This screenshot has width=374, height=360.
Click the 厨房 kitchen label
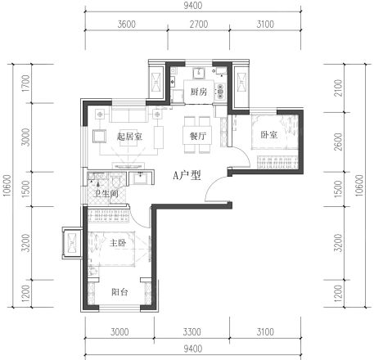pyautogui.click(x=198, y=92)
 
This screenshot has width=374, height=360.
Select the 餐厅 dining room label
pyautogui.click(x=197, y=137)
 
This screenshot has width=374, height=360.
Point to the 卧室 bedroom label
pyautogui.click(x=269, y=136)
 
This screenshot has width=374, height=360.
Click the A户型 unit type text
pyautogui.click(x=187, y=174)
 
